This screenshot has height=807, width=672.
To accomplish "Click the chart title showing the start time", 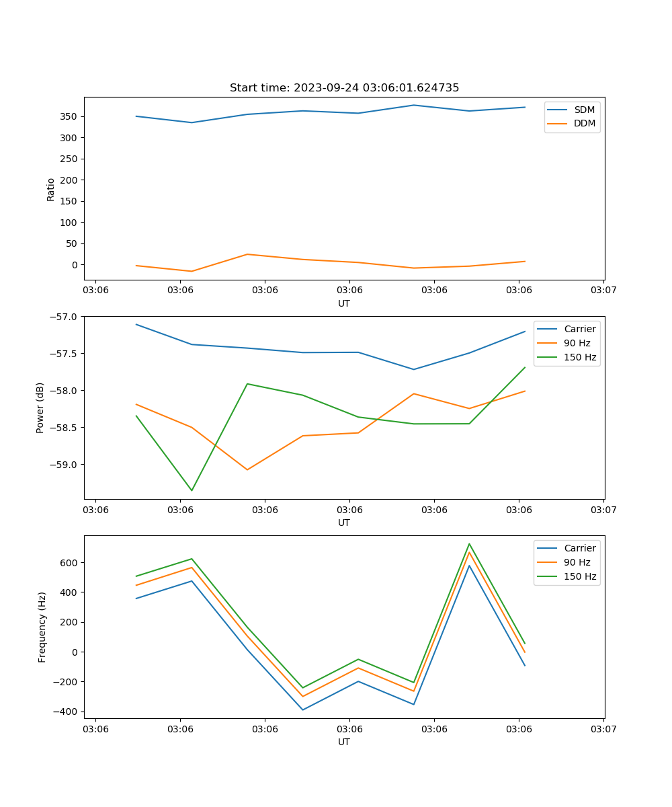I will (x=344, y=88).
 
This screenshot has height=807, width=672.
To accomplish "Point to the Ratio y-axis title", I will (x=51, y=189).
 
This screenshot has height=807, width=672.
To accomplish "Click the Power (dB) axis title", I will (x=40, y=408).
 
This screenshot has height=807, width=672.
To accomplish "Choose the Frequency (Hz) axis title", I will (x=42, y=627).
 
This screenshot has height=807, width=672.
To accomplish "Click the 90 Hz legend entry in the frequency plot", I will (x=577, y=562).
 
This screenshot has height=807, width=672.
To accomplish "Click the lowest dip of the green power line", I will (x=192, y=490).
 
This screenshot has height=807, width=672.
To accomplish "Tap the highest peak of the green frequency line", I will (x=469, y=544).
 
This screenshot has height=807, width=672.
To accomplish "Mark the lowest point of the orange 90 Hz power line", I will (x=247, y=469).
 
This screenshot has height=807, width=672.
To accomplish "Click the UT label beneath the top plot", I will (x=344, y=303).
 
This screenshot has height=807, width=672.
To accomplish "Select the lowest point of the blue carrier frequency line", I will (x=302, y=709).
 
